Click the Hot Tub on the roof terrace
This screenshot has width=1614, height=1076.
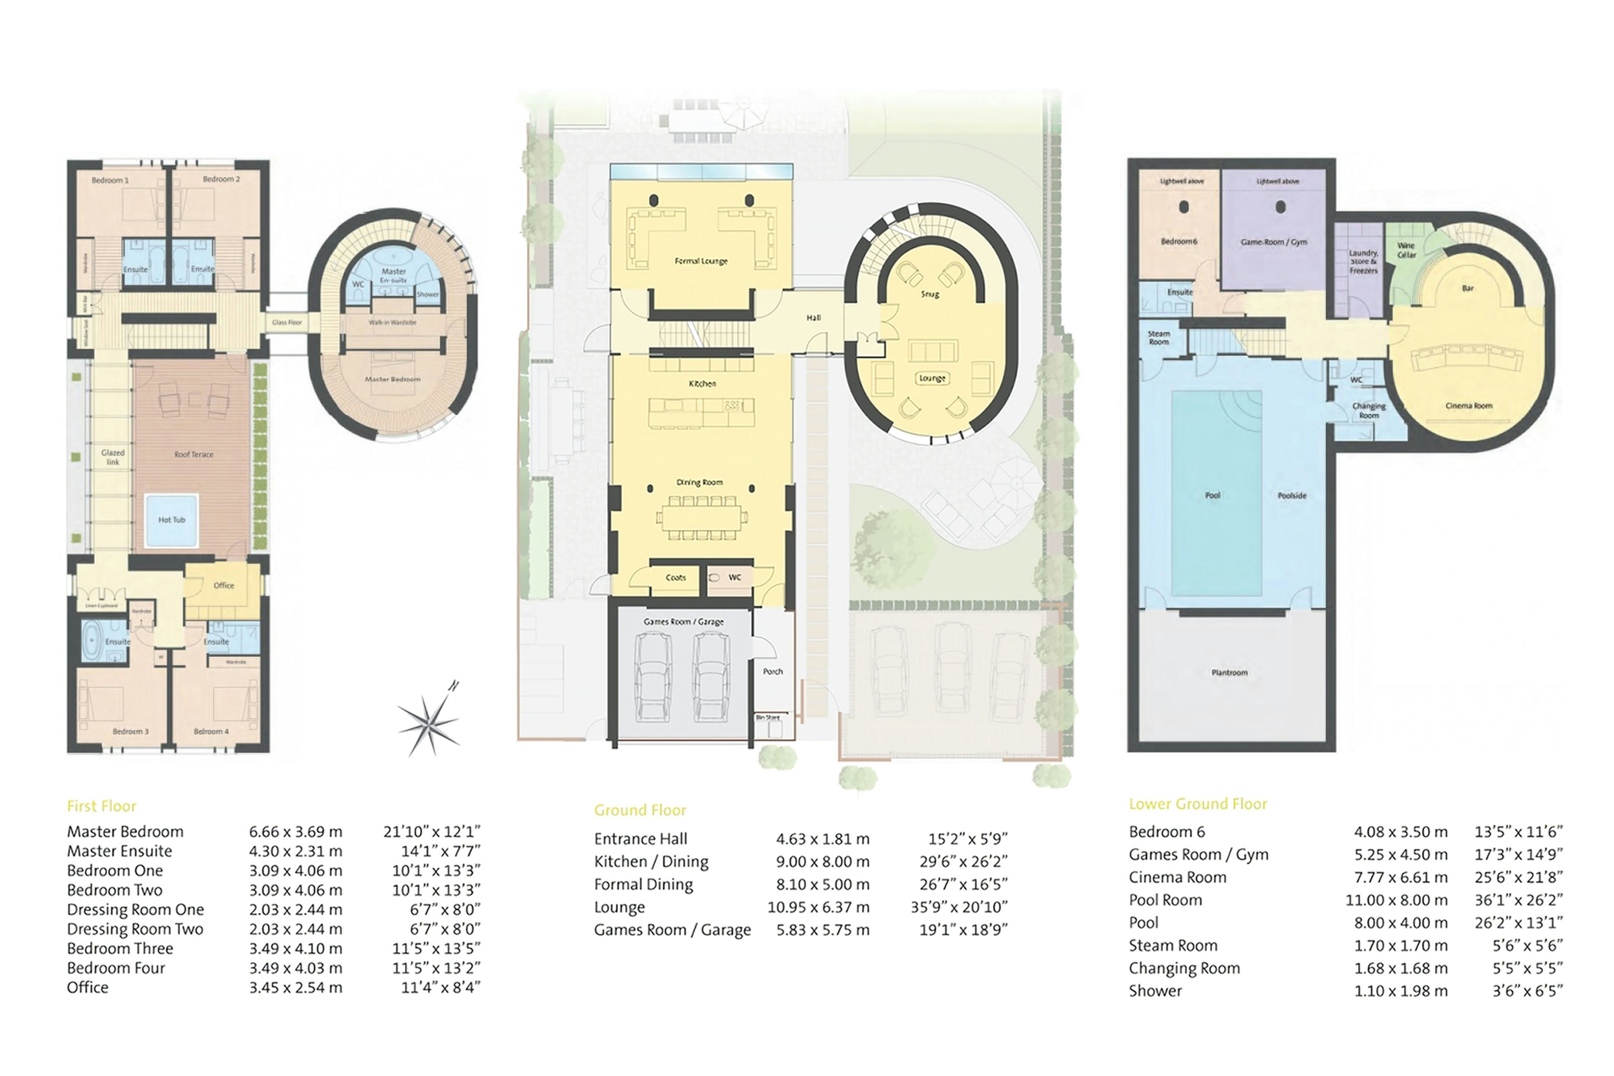(171, 520)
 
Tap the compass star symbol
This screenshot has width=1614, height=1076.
(430, 721)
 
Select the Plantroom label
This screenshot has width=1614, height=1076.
(1229, 673)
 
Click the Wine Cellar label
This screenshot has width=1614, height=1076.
(1406, 250)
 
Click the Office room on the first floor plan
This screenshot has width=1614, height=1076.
(224, 585)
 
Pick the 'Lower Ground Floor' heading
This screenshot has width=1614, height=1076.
(1198, 804)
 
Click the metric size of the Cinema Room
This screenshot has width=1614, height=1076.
(1400, 877)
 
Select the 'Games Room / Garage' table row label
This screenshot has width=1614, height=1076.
(672, 930)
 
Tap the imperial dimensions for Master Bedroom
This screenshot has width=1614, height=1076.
(432, 832)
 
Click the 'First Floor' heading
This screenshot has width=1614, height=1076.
(102, 806)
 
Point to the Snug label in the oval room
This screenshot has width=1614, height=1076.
(929, 294)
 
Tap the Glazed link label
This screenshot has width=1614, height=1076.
(113, 457)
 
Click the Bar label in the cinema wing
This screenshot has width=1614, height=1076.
(1467, 288)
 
